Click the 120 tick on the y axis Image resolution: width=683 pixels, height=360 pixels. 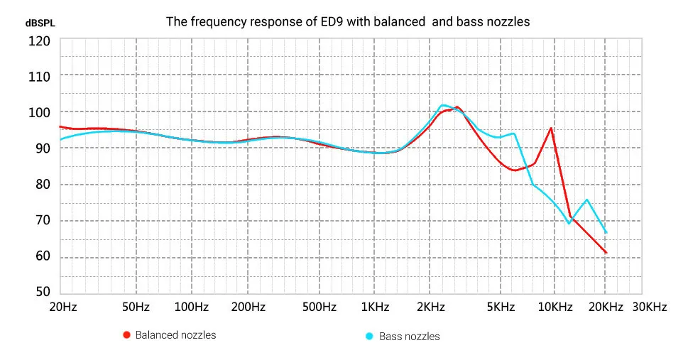(40, 41)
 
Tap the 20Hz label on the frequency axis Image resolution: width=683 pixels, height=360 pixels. (62, 307)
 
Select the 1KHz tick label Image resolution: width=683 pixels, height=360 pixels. (375, 307)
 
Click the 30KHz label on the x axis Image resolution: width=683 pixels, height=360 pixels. (648, 307)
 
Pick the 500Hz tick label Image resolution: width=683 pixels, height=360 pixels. (319, 307)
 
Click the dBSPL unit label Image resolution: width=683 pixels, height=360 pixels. (40, 23)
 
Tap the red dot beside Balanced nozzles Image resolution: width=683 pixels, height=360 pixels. (126, 334)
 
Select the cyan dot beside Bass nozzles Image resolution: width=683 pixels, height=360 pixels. (370, 336)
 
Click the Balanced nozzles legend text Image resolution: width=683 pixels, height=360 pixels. (175, 334)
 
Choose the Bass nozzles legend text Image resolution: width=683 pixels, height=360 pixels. (410, 336)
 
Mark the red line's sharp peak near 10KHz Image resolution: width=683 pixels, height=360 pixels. (551, 129)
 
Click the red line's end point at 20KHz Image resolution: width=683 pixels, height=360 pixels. (606, 253)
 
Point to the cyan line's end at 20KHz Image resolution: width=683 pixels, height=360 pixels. (606, 233)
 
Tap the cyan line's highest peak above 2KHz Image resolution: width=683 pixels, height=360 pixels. (443, 105)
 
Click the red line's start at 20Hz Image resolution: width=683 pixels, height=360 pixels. (61, 126)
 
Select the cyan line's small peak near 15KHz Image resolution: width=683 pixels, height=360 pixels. (587, 200)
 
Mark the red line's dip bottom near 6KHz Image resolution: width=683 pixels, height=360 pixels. (515, 170)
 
